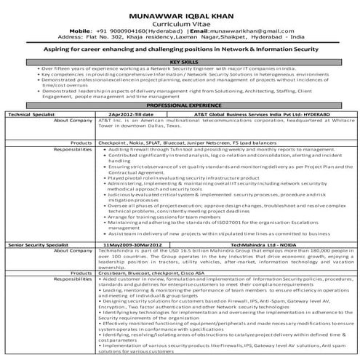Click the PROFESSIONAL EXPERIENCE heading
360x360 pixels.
tap(180, 105)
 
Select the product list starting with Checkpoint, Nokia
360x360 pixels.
tap(167, 133)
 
